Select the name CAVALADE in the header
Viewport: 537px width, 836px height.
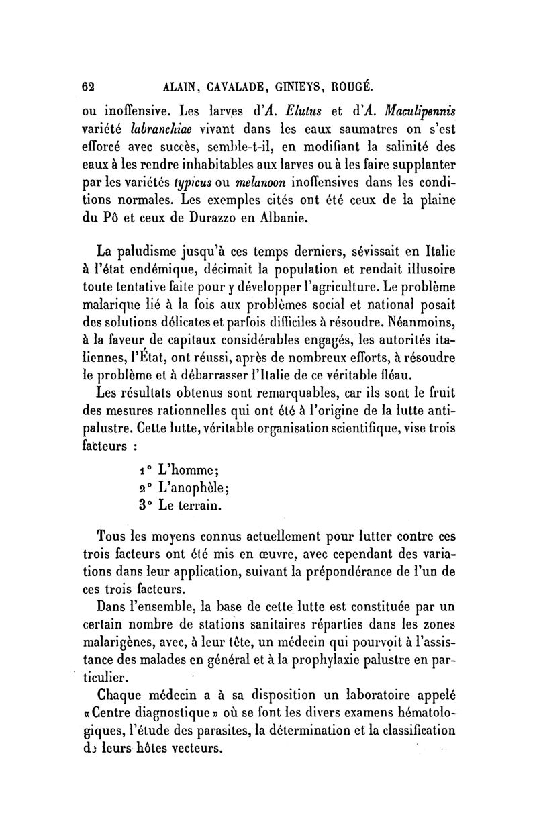(216, 87)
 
